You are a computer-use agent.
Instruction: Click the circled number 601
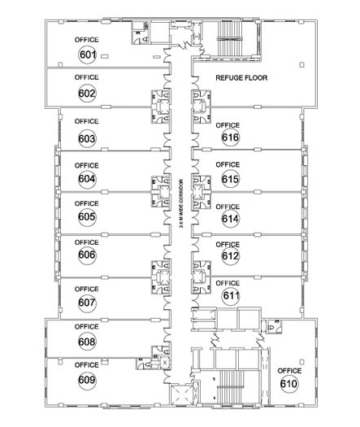coord(87,54)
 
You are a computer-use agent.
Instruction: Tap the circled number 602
coord(87,94)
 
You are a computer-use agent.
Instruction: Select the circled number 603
coord(87,138)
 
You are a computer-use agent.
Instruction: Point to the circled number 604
coord(87,179)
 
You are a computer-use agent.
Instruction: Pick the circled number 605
coord(87,217)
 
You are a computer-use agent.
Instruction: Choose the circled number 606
coord(87,255)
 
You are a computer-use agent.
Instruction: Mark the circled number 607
coord(87,303)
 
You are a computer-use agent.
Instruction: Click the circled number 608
coord(87,342)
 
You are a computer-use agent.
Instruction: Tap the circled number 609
coord(87,380)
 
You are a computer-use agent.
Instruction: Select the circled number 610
coord(289,384)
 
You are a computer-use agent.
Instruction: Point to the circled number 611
coord(231,295)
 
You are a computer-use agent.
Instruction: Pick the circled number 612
coord(231,256)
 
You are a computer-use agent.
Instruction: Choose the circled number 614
coord(231,219)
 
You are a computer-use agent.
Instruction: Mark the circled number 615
coord(231,179)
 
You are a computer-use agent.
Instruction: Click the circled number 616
coord(231,137)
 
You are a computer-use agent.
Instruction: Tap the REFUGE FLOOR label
coord(241,78)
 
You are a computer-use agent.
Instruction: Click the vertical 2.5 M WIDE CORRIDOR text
coord(181,203)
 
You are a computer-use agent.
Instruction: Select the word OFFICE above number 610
coord(289,371)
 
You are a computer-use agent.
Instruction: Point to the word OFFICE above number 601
coord(86,40)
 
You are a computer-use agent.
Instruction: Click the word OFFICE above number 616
coord(228,125)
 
